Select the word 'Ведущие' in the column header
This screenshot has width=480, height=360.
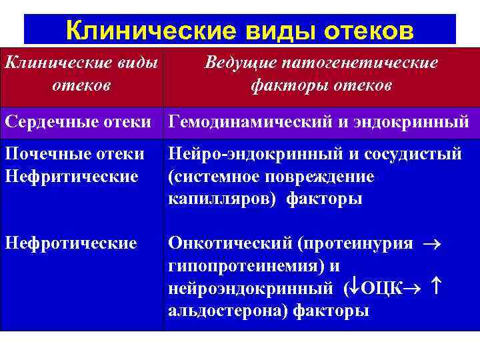click(241, 63)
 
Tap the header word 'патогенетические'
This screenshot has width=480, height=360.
click(361, 63)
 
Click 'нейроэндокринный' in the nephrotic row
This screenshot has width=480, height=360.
click(250, 288)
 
